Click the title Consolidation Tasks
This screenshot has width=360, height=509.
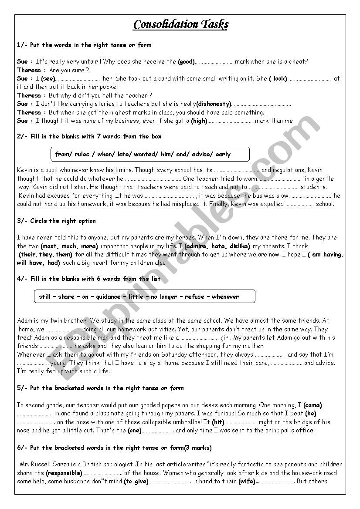pos(180,24)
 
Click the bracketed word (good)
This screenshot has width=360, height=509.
pos(186,62)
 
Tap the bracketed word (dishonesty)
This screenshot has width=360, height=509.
pos(214,104)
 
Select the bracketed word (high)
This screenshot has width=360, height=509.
pos(199,121)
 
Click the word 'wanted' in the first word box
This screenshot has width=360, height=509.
pos(144,154)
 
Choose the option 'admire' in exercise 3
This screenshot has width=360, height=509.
pos(197,246)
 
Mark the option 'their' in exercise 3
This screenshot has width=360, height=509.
pos(28,254)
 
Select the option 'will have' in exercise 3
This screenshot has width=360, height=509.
pos(30,263)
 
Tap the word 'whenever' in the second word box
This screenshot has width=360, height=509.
pos(225,297)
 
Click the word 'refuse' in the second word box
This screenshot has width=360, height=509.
pos(194,297)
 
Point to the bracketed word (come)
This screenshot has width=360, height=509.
pos(312,405)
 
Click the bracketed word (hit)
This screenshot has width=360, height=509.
pos(218,422)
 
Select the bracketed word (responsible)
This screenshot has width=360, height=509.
pos(64,473)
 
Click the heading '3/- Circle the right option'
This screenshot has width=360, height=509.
pos(56,221)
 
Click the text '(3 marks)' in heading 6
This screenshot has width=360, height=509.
pos(198,448)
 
